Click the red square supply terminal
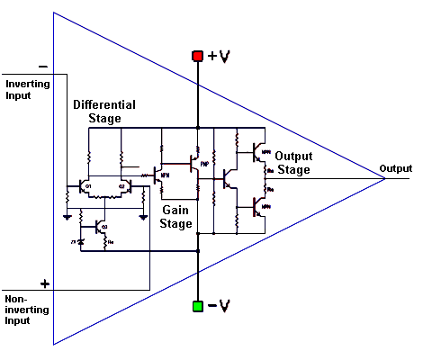(197, 57)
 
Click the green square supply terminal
(197, 306)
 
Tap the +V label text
(219, 57)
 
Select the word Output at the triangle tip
(395, 168)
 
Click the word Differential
(103, 105)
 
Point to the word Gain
(175, 209)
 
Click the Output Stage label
(293, 163)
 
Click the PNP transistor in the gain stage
(194, 163)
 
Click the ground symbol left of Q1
(67, 216)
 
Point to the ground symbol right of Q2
(142, 216)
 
